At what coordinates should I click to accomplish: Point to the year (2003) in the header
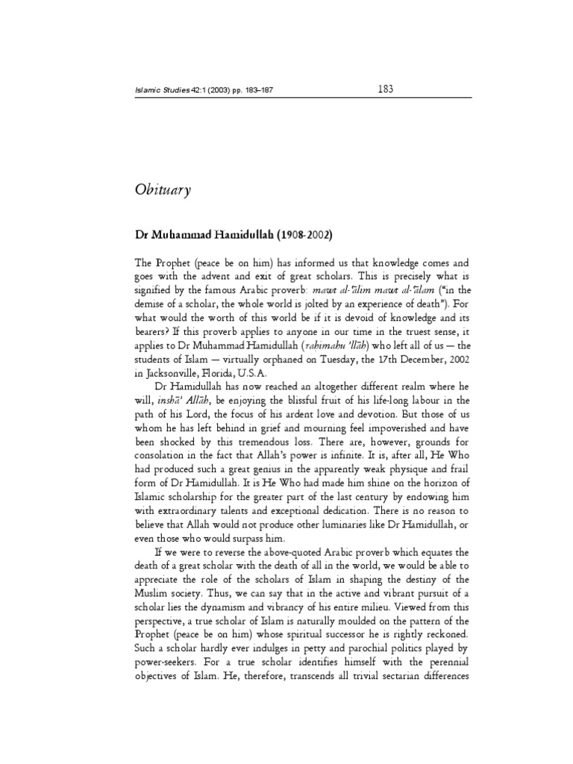tap(229, 91)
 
